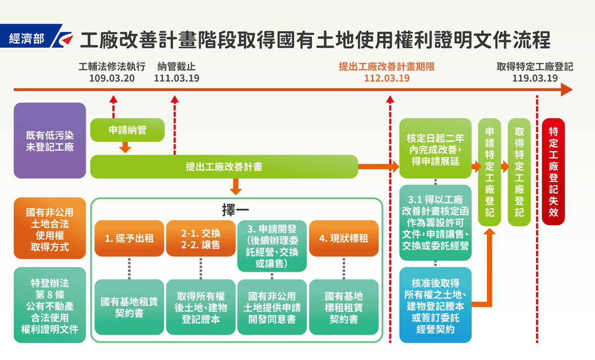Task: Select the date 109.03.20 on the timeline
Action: point(112,78)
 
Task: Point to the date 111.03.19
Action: point(177,78)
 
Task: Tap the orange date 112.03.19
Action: point(387,78)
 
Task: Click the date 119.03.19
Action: point(535,78)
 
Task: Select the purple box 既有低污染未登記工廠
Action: point(50,140)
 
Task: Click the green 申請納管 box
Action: point(127,130)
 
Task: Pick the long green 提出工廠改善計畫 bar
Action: point(224,167)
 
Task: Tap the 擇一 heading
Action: point(236,210)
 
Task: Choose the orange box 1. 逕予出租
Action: point(129,239)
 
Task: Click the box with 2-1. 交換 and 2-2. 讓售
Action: point(201,239)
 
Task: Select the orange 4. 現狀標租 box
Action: point(344,239)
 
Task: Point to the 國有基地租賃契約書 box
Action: point(129,307)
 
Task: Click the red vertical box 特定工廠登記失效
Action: point(553,172)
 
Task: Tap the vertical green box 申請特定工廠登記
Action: point(489,172)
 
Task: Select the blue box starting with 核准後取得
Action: point(435,305)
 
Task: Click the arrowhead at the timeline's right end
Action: point(567,90)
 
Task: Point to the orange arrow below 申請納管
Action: point(125,147)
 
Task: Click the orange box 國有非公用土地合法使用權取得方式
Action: point(50,228)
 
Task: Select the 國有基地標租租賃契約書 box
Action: point(344,307)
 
